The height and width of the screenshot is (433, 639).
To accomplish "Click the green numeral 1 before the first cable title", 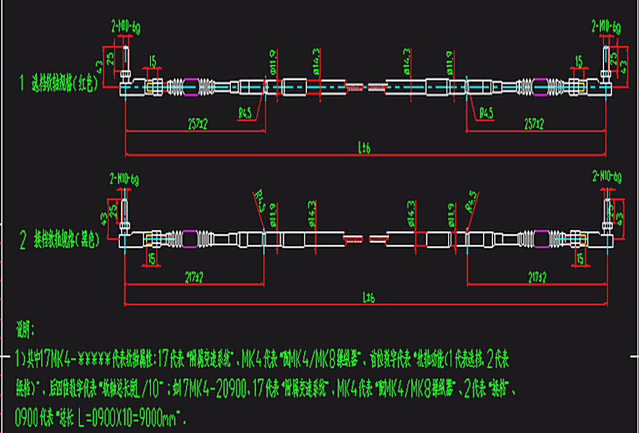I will click(x=22, y=82).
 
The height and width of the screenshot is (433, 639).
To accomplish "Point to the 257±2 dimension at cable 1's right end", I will click(x=533, y=125).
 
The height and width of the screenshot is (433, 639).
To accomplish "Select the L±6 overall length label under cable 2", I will click(x=367, y=299).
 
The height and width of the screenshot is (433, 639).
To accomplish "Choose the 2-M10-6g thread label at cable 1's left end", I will click(x=125, y=26).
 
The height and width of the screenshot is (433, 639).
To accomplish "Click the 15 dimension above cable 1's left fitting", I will click(x=152, y=62).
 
